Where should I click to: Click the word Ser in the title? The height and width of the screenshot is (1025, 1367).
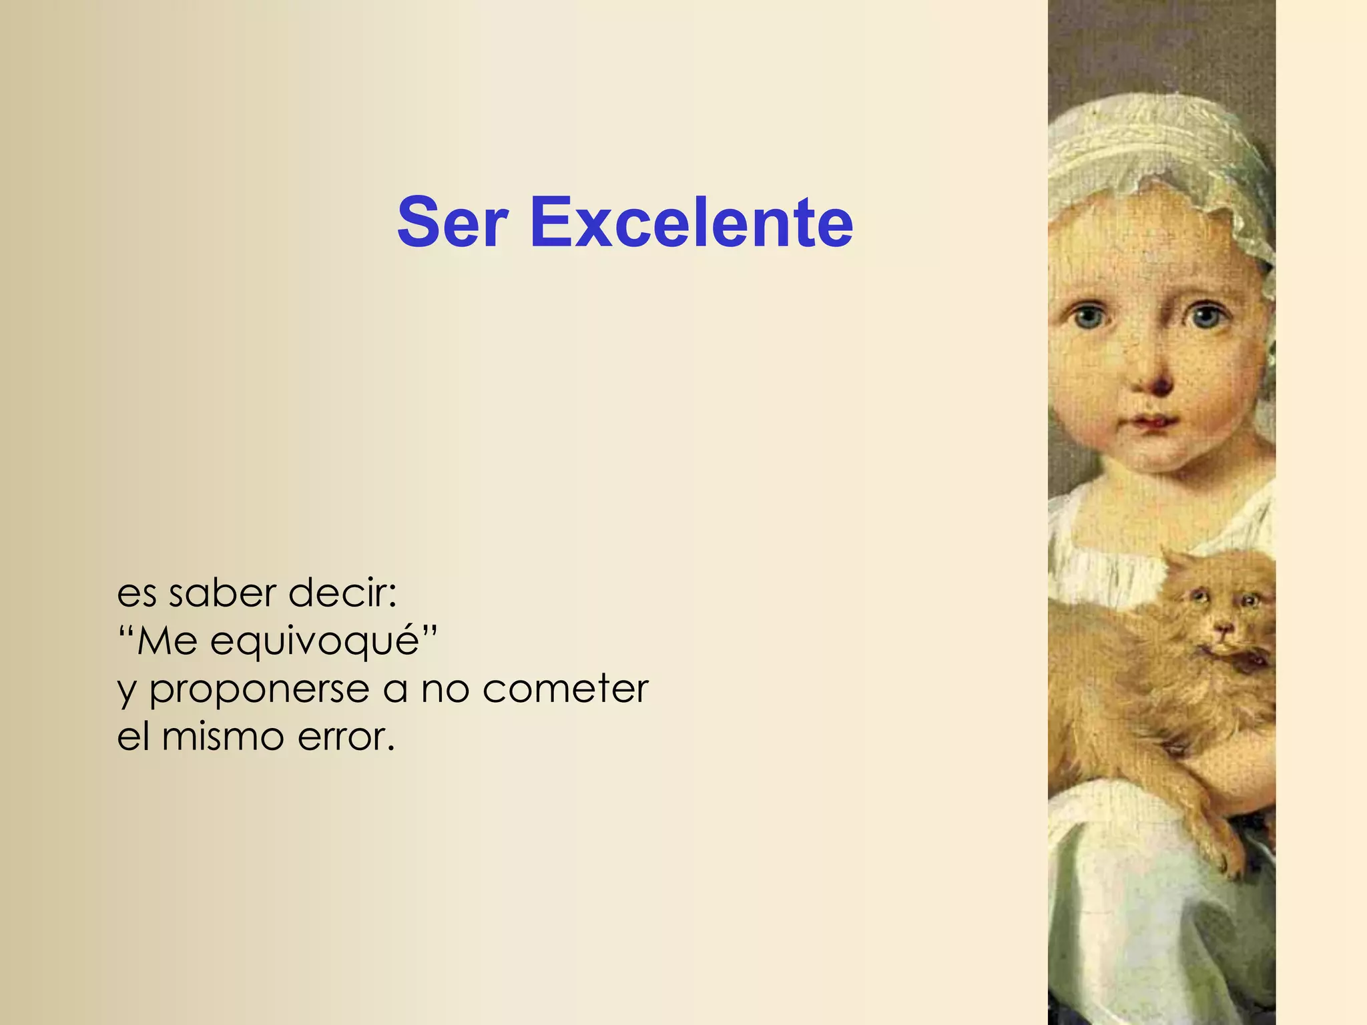click(453, 222)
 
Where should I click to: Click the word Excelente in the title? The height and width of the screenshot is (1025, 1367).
click(692, 222)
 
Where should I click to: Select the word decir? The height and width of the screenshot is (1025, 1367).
click(342, 593)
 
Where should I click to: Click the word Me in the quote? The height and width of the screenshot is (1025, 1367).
click(168, 641)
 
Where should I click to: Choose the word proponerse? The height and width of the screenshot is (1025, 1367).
click(259, 690)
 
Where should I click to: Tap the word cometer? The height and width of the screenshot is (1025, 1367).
click(565, 689)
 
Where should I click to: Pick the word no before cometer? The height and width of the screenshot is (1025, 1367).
click(445, 690)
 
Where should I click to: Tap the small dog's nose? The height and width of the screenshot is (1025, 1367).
click(1223, 628)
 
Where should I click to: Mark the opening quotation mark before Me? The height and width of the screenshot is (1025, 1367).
click(126, 630)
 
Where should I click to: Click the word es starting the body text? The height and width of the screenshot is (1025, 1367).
click(137, 594)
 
